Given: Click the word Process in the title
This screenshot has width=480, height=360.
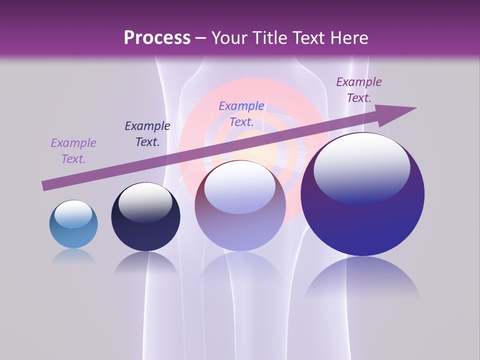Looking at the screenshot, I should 157,38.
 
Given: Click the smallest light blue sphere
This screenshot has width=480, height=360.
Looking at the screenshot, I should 73,224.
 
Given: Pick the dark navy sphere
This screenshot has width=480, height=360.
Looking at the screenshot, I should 145,217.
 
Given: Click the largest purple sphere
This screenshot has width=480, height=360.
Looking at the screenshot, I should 362,194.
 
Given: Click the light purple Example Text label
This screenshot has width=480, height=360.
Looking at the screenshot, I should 73,151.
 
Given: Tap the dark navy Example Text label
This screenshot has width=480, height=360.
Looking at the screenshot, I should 147,134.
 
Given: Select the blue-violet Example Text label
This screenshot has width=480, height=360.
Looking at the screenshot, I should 241,114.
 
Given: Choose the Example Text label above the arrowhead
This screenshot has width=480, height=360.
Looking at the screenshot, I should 358,90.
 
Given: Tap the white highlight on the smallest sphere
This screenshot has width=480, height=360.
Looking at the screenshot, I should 73,214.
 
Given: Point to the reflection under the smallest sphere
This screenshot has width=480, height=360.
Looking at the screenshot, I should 73,256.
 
